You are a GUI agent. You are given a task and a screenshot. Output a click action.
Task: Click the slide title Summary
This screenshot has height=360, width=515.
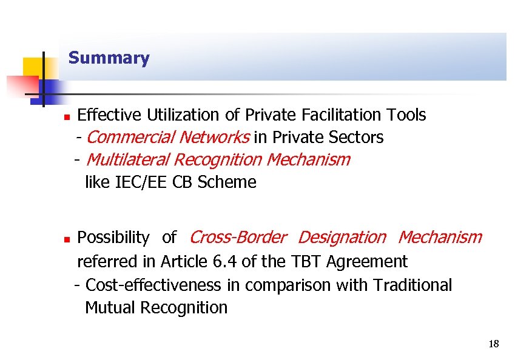[x=109, y=58]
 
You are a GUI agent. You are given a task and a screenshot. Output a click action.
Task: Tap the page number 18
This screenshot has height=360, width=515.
[x=493, y=345]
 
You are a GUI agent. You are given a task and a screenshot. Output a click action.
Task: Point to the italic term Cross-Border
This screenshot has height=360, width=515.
[x=238, y=238]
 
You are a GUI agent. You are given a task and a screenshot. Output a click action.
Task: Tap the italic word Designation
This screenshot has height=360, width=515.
[x=342, y=238]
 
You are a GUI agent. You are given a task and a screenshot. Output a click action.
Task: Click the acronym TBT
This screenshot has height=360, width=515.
[x=307, y=262]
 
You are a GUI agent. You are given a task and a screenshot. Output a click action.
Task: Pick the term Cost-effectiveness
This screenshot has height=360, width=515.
[x=154, y=285]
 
